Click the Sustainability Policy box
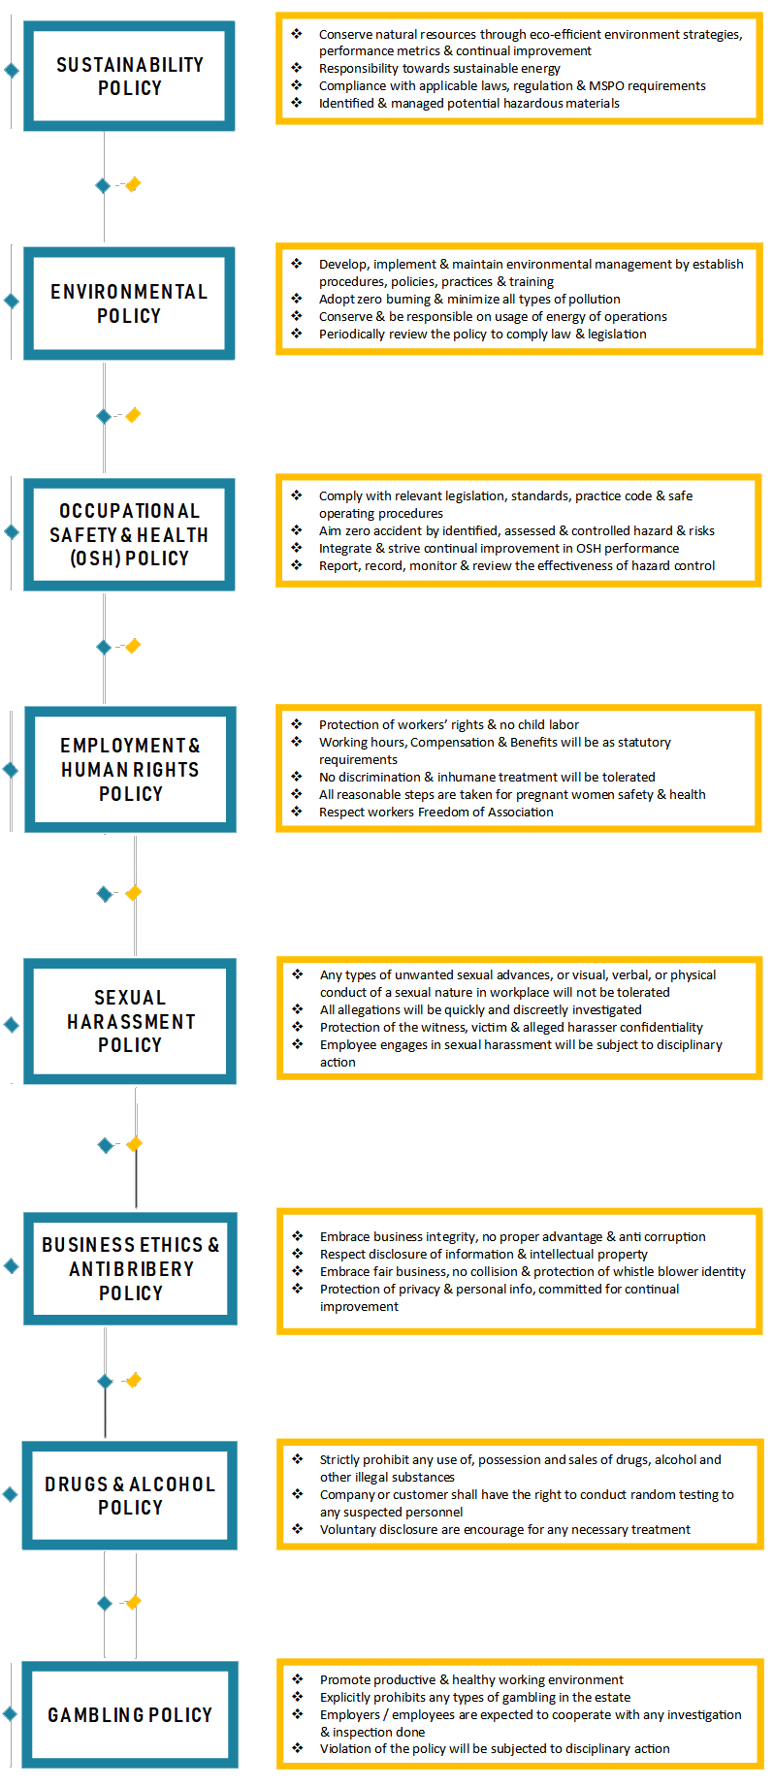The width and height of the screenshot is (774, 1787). click(x=129, y=76)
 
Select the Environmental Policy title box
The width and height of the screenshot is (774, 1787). click(x=129, y=303)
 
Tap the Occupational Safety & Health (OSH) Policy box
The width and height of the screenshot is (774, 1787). click(x=129, y=534)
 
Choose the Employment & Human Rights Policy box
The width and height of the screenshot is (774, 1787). click(x=130, y=770)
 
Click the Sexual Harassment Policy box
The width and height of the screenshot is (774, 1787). click(x=130, y=1021)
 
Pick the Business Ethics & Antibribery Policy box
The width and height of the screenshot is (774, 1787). click(x=130, y=1268)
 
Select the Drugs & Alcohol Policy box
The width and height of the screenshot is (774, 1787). click(x=130, y=1495)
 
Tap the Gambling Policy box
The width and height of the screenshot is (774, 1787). click(x=130, y=1714)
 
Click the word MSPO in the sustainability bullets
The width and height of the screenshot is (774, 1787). click(x=607, y=86)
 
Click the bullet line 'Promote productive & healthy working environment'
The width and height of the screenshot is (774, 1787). click(x=471, y=1680)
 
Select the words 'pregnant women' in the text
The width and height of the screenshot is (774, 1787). click(x=564, y=795)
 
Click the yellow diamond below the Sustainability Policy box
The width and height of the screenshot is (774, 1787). click(x=133, y=184)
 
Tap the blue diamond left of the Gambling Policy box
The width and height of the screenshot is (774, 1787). click(x=10, y=1714)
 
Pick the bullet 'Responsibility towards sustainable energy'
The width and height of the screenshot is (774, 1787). click(x=439, y=69)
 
